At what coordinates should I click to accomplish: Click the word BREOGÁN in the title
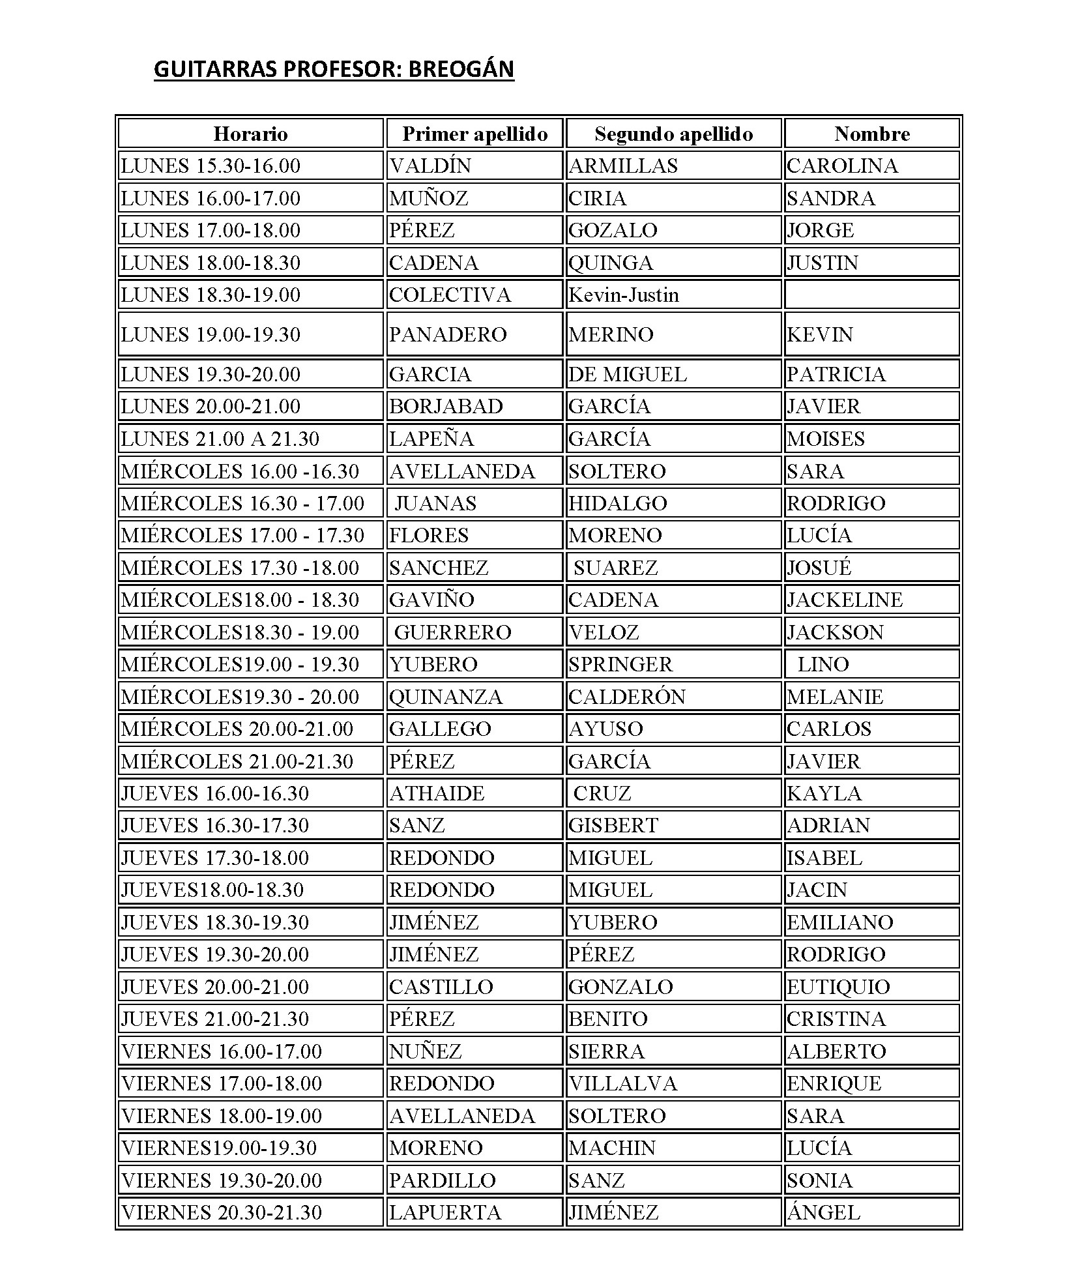[461, 69]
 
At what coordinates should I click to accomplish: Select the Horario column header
[250, 134]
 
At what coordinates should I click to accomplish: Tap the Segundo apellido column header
[673, 134]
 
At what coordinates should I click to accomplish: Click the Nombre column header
[871, 134]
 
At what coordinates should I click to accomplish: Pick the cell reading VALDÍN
[430, 166]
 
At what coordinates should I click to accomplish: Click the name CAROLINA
[842, 166]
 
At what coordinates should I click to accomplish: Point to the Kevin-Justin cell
[623, 295]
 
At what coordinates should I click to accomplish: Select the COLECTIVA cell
[450, 295]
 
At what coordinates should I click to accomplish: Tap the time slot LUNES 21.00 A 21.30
[220, 439]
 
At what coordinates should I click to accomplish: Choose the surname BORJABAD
[446, 407]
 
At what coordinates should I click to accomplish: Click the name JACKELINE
[845, 600]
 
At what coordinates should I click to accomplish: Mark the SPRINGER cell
[620, 664]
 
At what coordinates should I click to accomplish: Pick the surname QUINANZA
[446, 697]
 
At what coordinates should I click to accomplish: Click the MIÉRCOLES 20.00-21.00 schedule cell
[237, 729]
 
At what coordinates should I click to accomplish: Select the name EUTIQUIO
[838, 987]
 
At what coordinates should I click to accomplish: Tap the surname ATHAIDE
[437, 793]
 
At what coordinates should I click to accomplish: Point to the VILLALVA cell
[622, 1083]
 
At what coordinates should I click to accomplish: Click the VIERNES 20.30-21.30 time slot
[222, 1212]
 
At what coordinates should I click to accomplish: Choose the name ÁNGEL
[823, 1212]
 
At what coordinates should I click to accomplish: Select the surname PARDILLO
[442, 1180]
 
